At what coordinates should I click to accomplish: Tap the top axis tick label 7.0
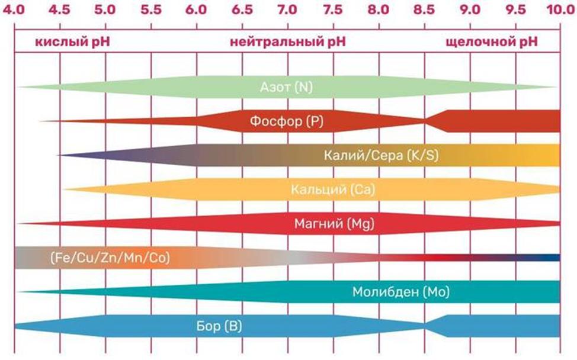287,9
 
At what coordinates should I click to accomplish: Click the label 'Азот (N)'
286,88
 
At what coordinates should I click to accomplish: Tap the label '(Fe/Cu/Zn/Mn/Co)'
110,258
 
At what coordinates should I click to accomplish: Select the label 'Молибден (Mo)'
400,292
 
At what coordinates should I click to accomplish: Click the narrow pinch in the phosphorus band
425,121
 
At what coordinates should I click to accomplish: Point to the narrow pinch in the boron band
425,326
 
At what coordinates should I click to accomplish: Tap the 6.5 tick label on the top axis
242,9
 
